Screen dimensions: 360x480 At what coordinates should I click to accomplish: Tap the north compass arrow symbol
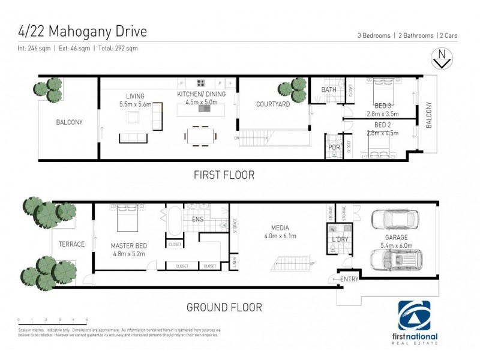pyautogui.click(x=442, y=59)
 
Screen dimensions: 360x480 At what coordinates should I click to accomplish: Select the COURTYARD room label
pyautogui.click(x=273, y=104)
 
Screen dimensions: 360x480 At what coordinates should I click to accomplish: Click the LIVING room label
pyautogui.click(x=136, y=96)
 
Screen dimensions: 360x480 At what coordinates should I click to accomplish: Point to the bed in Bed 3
pyautogui.click(x=382, y=90)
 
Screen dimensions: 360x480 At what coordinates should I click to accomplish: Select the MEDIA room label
pyautogui.click(x=280, y=228)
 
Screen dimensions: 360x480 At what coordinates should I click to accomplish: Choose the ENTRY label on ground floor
pyautogui.click(x=349, y=280)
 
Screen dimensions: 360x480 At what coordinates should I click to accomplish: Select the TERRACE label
pyautogui.click(x=71, y=244)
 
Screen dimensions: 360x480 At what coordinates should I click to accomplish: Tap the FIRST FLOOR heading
pyautogui.click(x=224, y=175)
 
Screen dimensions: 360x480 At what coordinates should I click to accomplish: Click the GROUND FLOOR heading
pyautogui.click(x=224, y=307)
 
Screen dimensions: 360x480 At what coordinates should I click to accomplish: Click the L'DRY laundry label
pyautogui.click(x=340, y=240)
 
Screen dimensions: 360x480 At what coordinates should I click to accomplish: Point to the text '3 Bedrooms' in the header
pyautogui.click(x=374, y=35)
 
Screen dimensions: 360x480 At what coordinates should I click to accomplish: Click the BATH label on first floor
pyautogui.click(x=329, y=90)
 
